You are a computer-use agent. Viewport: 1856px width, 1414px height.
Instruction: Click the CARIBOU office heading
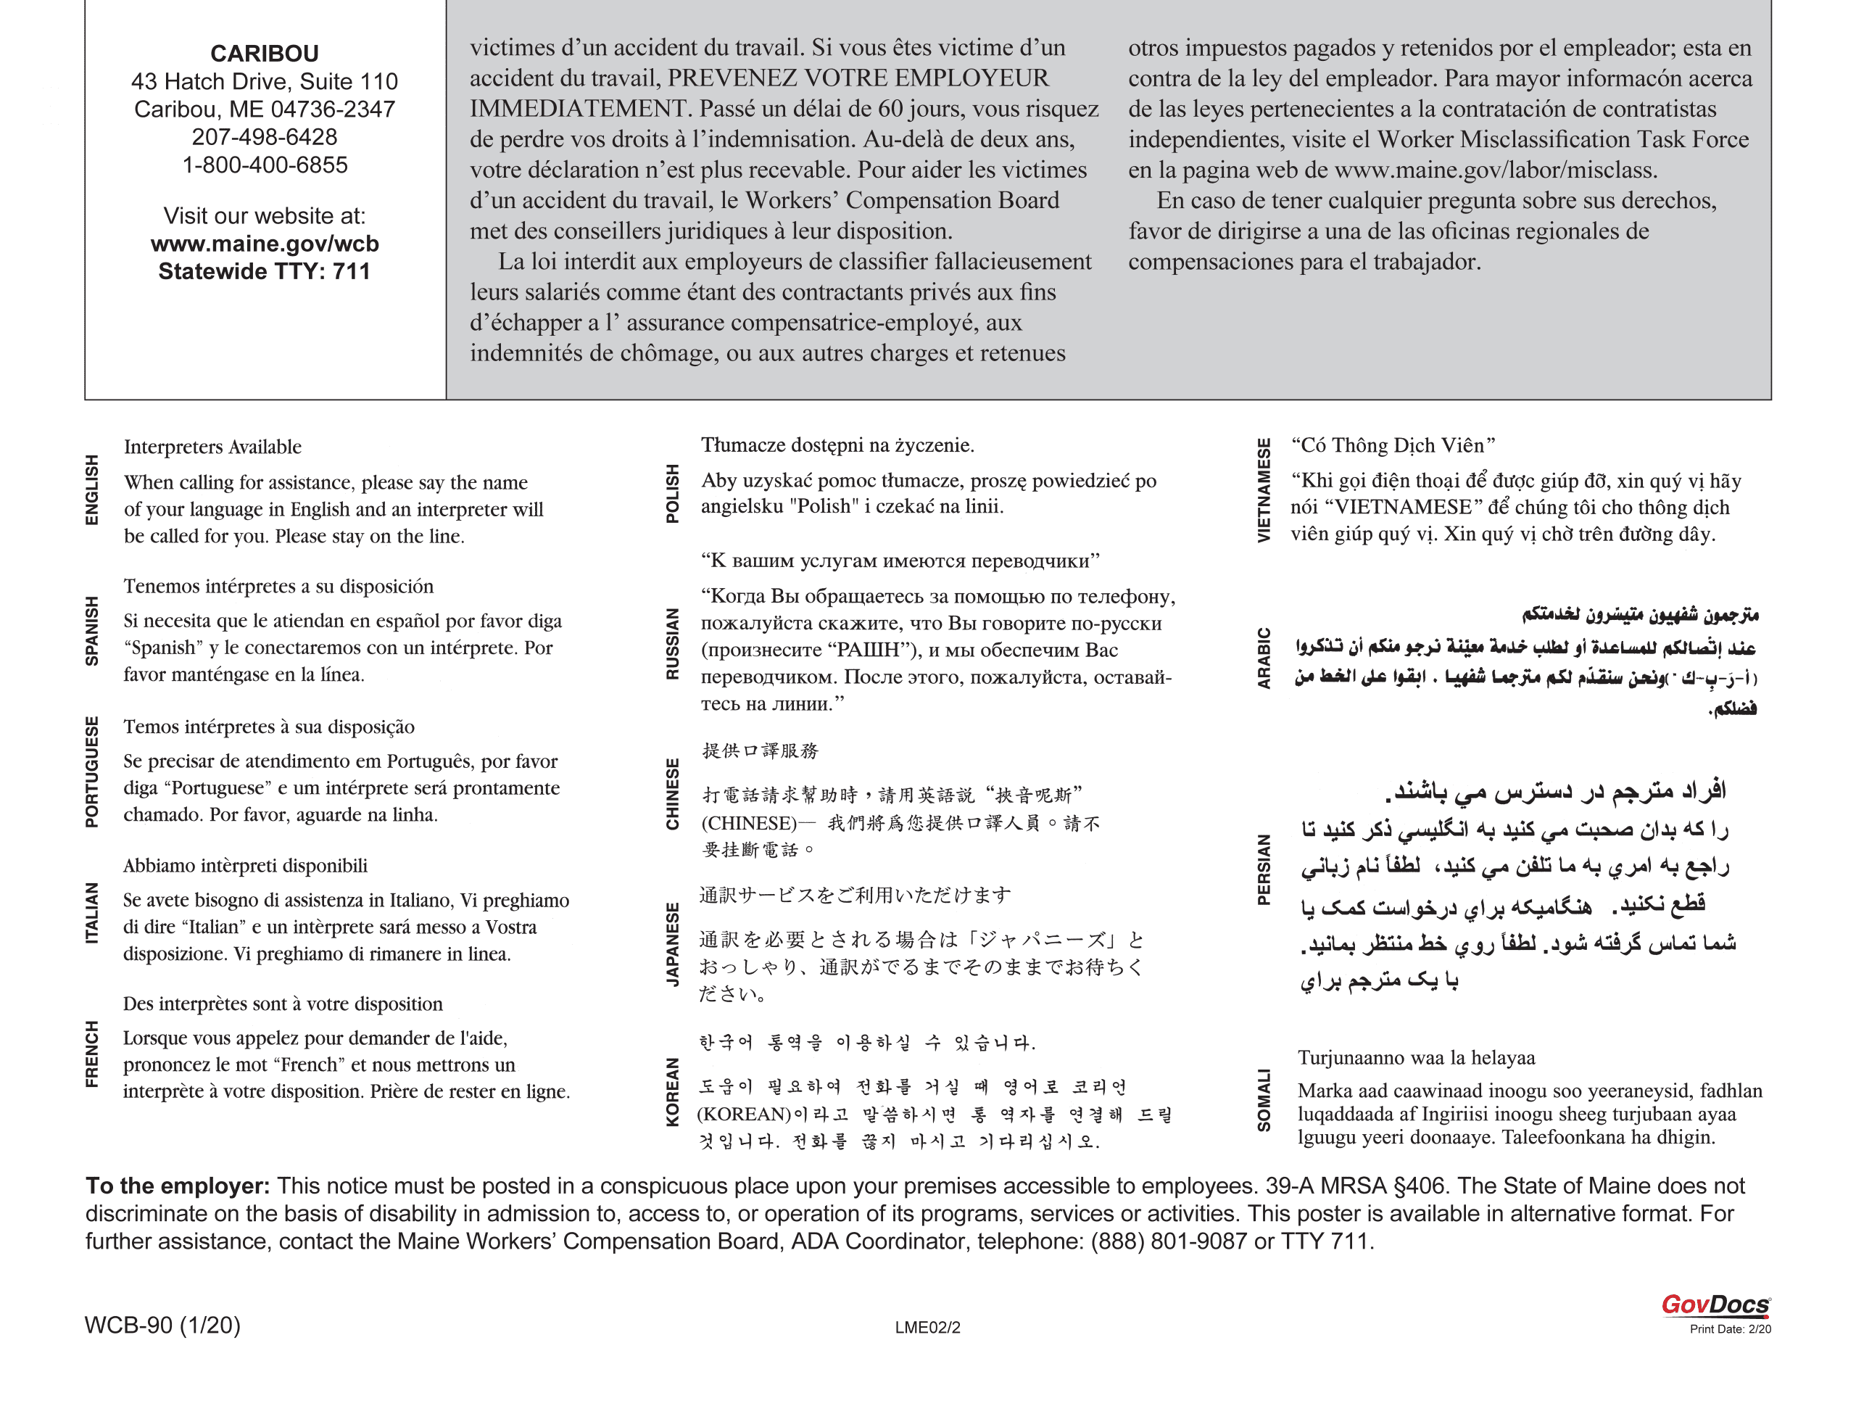[x=264, y=54]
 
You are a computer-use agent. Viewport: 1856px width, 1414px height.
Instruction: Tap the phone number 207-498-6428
[x=264, y=137]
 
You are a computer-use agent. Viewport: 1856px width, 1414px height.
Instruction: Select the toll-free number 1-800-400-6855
[x=264, y=165]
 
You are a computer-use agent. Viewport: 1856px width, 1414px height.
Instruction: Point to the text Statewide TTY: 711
[x=264, y=272]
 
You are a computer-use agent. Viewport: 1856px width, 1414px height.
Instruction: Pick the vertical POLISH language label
[x=672, y=493]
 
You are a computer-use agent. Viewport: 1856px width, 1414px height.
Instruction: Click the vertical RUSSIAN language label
[x=672, y=644]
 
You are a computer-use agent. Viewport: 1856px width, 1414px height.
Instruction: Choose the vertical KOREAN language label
[x=672, y=1091]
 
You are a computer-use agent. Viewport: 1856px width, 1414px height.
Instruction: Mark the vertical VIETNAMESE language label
[x=1264, y=490]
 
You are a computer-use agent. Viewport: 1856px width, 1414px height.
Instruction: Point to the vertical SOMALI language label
[x=1264, y=1100]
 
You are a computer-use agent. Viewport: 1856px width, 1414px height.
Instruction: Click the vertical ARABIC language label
[x=1264, y=658]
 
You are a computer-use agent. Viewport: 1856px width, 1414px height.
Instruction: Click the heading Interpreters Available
[x=212, y=447]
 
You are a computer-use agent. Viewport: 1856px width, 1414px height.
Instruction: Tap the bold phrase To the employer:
[x=178, y=1186]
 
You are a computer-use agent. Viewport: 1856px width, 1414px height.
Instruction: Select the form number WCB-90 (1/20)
[x=162, y=1326]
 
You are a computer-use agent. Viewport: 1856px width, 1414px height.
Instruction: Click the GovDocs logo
[x=1715, y=1305]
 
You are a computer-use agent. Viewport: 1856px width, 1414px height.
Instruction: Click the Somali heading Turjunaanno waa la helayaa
[x=1416, y=1058]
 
